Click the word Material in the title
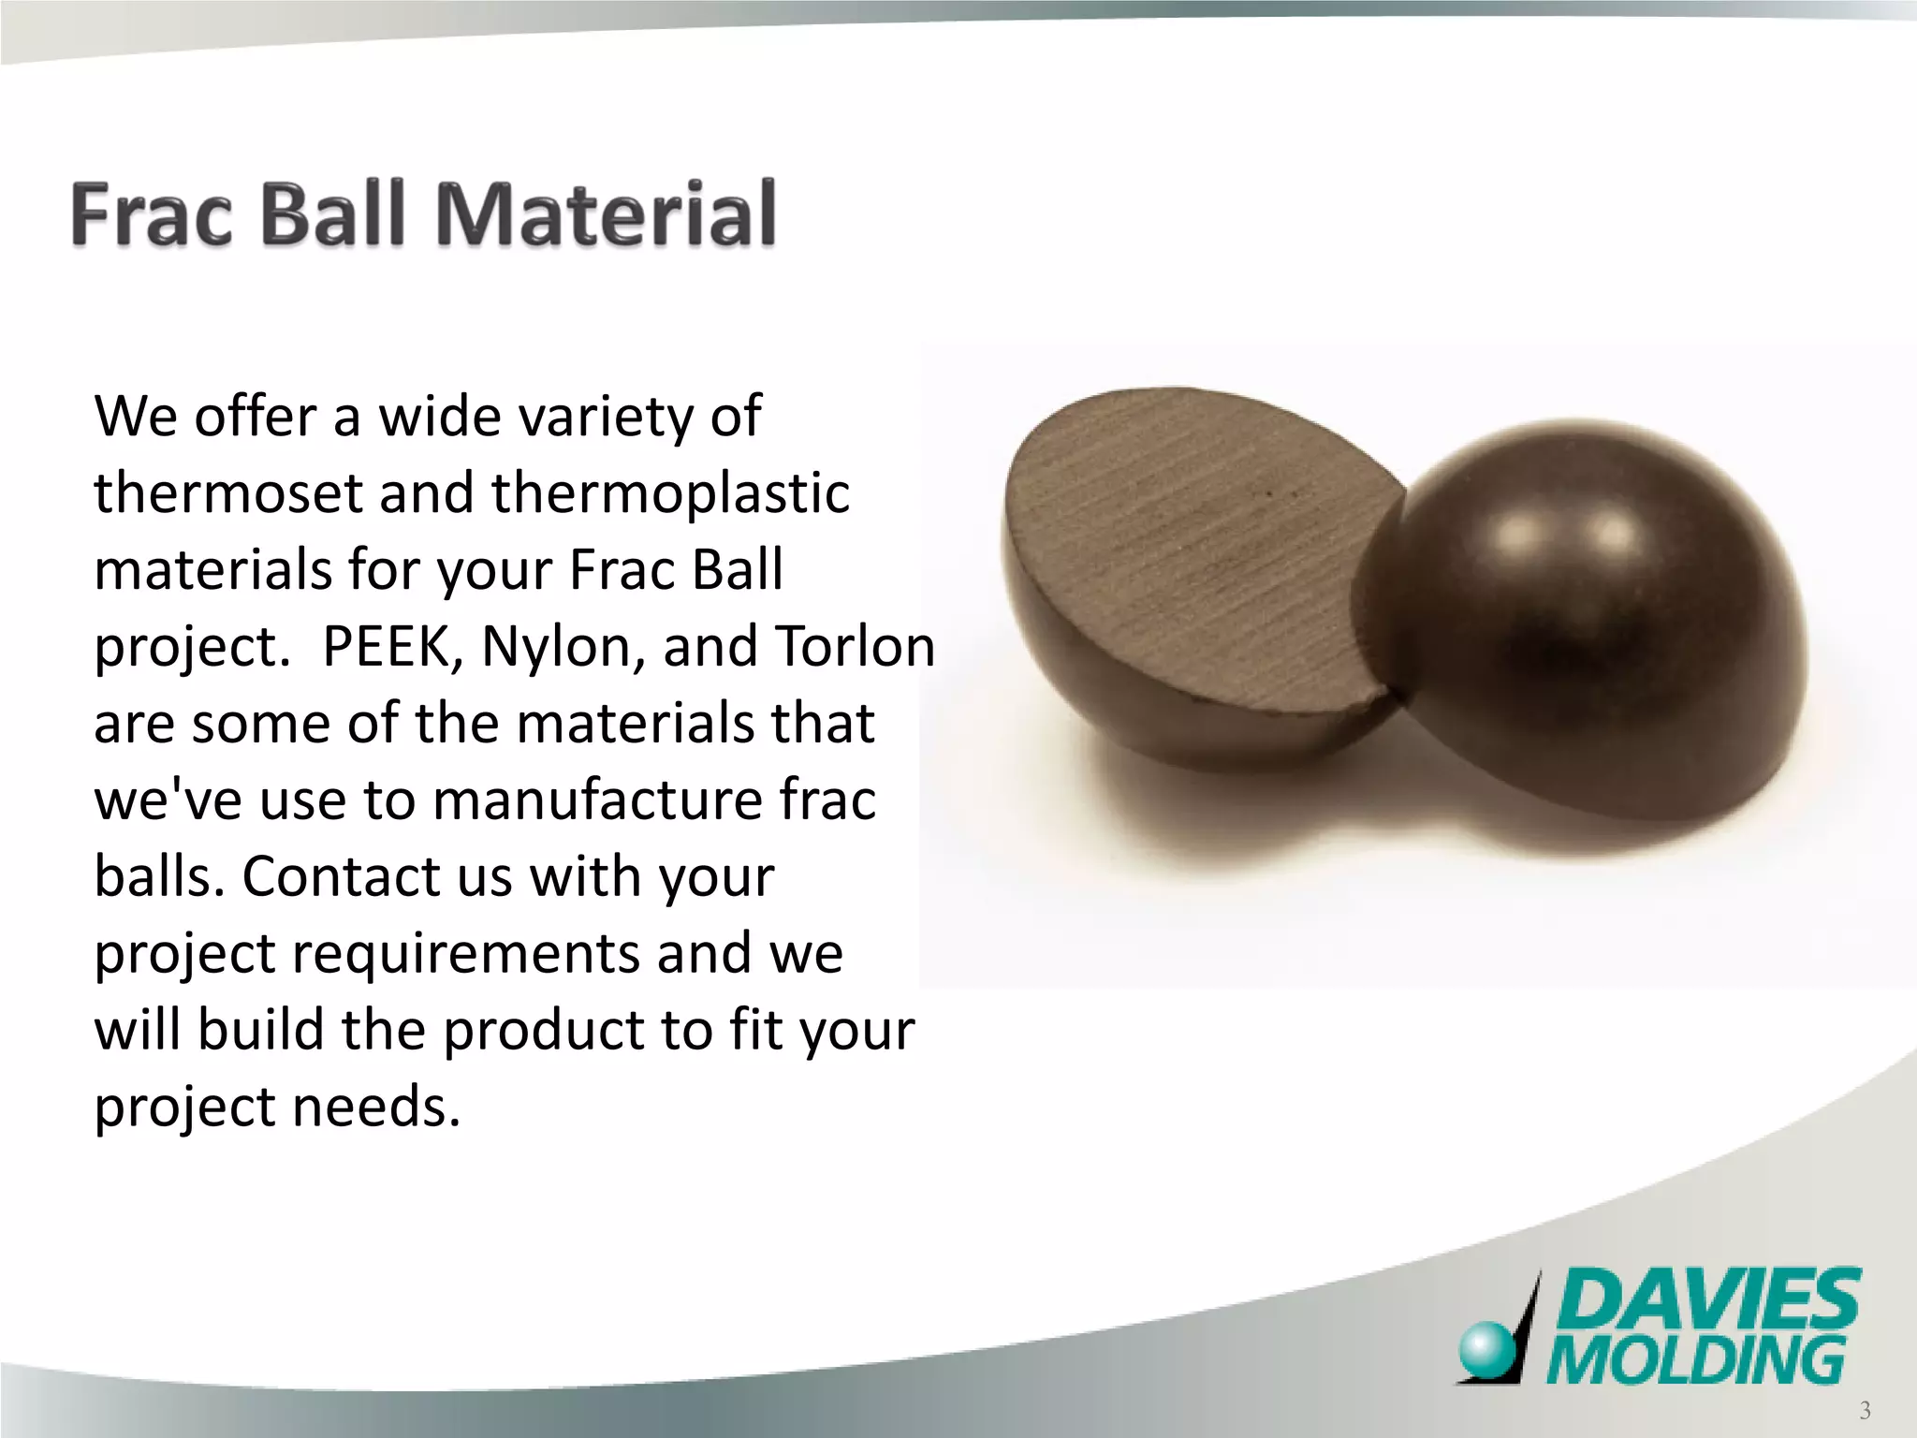(x=606, y=214)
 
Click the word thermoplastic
(x=669, y=493)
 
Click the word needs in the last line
(x=376, y=1107)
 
